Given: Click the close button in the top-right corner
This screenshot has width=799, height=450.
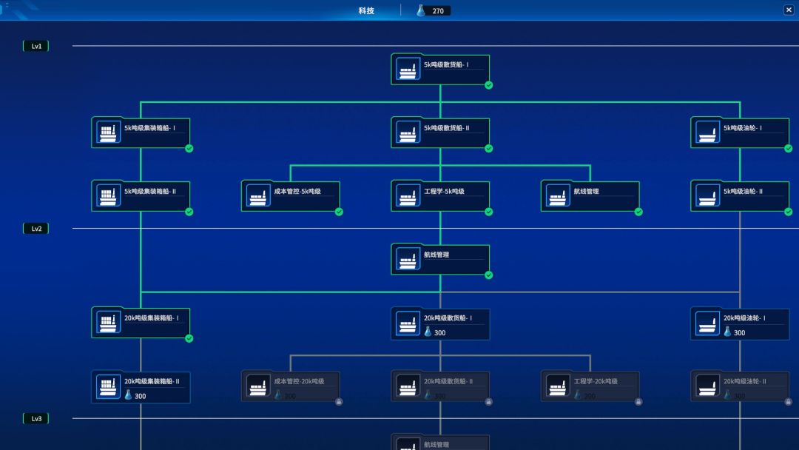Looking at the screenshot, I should tap(789, 10).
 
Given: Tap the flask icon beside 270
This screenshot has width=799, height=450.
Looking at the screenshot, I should tap(421, 10).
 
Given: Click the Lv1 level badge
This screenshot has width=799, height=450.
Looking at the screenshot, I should tap(36, 46).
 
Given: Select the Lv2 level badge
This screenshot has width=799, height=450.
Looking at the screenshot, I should tap(36, 229).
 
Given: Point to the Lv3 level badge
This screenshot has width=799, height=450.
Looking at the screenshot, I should tap(36, 419).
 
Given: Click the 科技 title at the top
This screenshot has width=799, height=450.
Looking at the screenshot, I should tap(366, 10).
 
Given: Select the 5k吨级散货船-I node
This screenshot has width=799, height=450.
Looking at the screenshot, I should tap(440, 69).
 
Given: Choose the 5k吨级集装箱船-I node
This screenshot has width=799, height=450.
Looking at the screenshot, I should tap(141, 132).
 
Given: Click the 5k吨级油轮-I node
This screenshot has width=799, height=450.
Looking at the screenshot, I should tap(740, 132).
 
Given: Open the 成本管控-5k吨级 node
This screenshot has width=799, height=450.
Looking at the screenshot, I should tap(290, 196).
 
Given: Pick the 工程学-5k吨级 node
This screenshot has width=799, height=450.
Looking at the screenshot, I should tap(440, 196).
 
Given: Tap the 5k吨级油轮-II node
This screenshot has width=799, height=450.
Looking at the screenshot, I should tap(740, 196).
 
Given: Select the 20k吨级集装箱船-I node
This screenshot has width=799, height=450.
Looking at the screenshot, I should tap(141, 323).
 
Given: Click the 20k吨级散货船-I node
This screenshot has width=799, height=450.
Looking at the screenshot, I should tap(440, 323).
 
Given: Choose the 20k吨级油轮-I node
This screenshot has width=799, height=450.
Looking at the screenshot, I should tap(740, 323).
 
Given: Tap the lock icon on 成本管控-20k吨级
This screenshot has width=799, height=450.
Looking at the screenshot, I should tap(339, 402).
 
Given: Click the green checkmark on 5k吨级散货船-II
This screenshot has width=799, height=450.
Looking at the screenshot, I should tap(488, 148).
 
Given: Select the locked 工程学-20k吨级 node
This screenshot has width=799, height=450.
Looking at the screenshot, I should tap(590, 386).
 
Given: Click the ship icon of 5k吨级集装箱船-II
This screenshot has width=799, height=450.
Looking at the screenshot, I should tap(108, 196).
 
